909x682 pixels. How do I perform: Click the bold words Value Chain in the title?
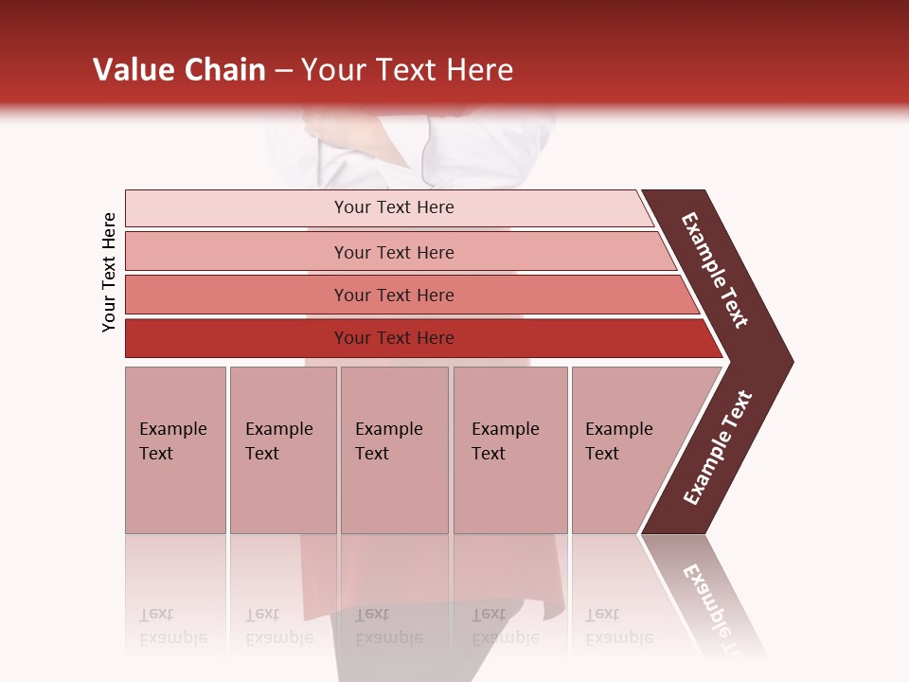coord(179,70)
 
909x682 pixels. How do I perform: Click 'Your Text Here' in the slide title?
coord(407,70)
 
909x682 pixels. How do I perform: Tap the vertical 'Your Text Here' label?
coord(109,272)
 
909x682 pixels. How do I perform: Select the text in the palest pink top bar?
coord(394,207)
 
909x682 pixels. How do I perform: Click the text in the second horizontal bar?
coord(394,252)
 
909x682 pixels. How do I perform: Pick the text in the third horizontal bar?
coord(394,296)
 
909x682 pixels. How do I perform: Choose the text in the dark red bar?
coord(394,338)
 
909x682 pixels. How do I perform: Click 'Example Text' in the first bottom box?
coord(172,440)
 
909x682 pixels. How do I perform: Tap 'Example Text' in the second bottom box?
coord(278,440)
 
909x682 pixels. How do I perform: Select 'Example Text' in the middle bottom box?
coord(388,440)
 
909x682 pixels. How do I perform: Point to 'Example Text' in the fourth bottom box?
coord(505,440)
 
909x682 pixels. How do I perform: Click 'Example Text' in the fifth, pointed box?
coord(618,440)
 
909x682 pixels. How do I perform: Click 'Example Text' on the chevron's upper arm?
coord(715,270)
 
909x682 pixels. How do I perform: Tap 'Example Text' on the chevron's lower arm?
coord(718,448)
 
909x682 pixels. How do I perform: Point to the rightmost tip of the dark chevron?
coord(791,361)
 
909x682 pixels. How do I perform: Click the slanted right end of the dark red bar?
coord(712,339)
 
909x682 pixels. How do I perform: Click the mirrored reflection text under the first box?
coord(172,627)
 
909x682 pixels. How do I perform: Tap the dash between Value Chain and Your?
coord(283,71)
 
